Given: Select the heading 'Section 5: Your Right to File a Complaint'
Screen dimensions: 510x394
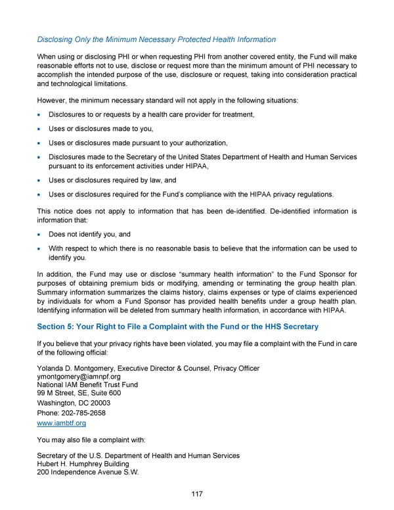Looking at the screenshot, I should tap(177, 327).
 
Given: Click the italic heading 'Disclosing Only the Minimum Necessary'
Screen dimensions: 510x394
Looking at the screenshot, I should tap(156, 39).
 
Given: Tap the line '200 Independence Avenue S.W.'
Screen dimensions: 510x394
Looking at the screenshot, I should tap(87, 473).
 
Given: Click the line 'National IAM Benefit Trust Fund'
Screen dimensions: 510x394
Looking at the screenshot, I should tap(87, 384).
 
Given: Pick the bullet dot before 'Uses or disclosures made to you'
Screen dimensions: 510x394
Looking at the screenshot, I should tap(41, 129).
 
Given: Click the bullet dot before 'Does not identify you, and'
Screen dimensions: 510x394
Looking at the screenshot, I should tap(41, 235).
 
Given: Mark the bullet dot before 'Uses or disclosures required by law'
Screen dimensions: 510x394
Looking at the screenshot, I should tap(41, 180).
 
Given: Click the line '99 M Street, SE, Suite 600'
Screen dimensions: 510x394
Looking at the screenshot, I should tap(79, 393).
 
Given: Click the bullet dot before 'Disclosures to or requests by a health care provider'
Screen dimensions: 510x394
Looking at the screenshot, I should tap(41, 116).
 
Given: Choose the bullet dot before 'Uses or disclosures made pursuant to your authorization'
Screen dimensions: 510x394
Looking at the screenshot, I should tap(41, 143).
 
